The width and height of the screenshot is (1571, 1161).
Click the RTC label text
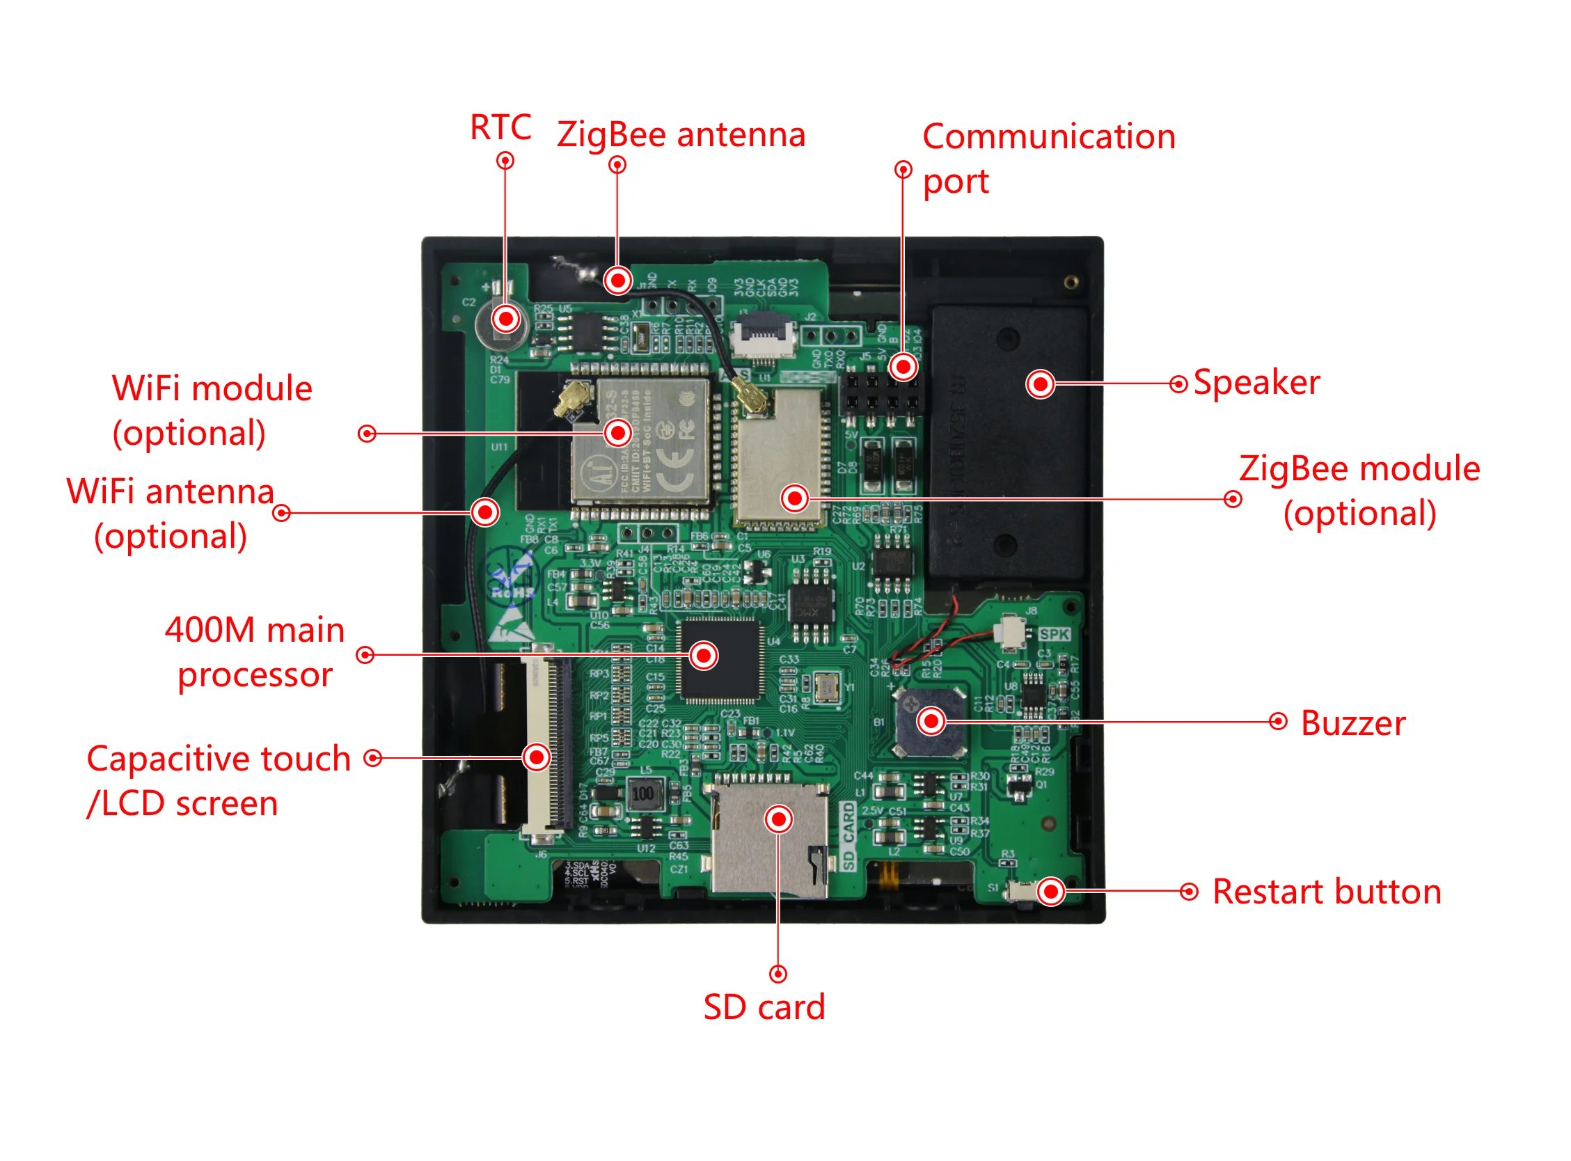500,127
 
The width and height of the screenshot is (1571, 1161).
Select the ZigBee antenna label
680,134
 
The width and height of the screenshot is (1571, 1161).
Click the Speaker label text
1256,383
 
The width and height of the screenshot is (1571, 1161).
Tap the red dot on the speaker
1040,384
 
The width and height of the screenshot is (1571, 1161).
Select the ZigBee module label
1359,491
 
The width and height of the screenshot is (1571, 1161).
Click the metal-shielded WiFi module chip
643,443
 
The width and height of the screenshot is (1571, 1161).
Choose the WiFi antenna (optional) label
170,513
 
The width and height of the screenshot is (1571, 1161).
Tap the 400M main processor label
254,652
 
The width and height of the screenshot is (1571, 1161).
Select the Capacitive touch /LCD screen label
218,780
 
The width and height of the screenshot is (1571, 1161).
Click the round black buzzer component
929,722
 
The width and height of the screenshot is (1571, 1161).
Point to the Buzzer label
1352,723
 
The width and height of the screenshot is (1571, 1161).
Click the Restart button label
1327,892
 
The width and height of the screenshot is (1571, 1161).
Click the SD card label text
764,1007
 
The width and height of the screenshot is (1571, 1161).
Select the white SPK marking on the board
1054,634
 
